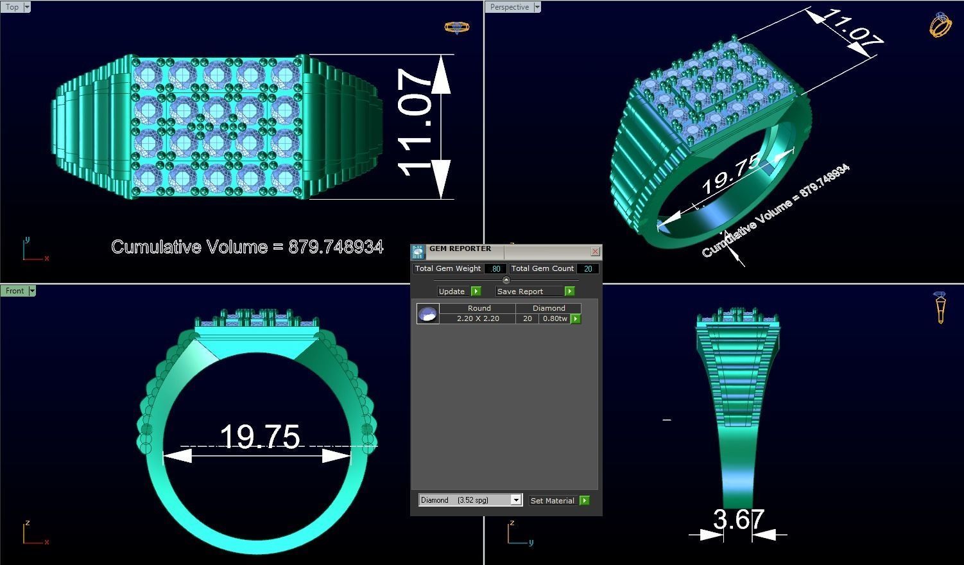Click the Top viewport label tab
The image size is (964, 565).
(12, 7)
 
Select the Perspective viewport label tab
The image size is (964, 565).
(510, 7)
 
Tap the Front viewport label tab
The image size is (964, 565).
(14, 291)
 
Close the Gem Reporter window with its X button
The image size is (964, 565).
(595, 251)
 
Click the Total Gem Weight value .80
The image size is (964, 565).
(495, 268)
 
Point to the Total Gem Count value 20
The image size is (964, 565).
(587, 268)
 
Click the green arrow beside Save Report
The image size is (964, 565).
(569, 291)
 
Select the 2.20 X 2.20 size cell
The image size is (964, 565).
(478, 318)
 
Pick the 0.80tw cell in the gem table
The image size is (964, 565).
(555, 318)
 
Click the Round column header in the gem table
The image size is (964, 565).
(479, 308)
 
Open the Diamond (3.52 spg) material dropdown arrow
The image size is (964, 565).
(515, 500)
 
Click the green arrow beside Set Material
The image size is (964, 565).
(584, 500)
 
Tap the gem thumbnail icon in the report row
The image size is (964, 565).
(427, 314)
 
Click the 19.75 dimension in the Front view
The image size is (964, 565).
(259, 437)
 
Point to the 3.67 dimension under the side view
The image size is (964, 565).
(738, 519)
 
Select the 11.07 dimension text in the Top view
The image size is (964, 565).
(415, 123)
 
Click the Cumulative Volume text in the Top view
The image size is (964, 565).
(247, 247)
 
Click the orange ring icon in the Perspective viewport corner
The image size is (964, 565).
(940, 25)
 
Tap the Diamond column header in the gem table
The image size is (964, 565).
(549, 308)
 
